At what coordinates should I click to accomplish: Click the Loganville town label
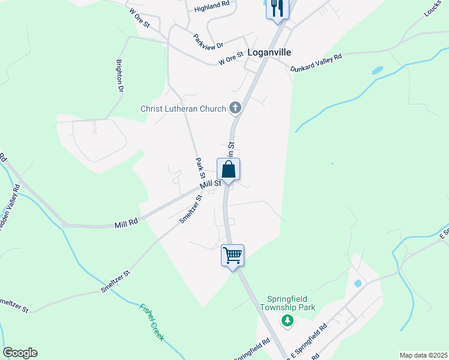pos(269,52)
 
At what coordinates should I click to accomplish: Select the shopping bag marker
pos(229,169)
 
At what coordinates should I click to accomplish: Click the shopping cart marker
pos(232,255)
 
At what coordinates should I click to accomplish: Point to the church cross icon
pos(235,108)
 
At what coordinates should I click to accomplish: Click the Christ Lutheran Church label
pos(183,109)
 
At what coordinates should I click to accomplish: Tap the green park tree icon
pos(288,321)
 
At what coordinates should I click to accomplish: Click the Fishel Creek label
pos(152,322)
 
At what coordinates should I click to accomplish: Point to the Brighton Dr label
pos(120,75)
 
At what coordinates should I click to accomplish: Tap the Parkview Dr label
pos(208,41)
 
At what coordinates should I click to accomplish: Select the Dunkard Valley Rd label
pos(316,63)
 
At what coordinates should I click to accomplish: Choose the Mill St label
pos(211,184)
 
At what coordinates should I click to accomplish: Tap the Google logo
pos(20,353)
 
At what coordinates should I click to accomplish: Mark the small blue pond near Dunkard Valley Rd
pos(377,70)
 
